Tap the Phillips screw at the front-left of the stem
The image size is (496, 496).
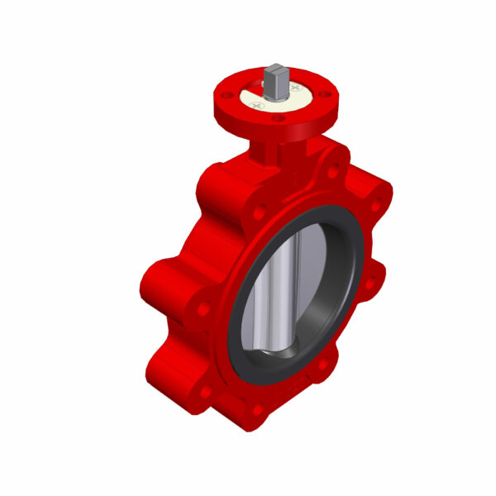pyautogui.click(x=257, y=106)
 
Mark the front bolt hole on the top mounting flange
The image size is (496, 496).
pyautogui.click(x=278, y=119)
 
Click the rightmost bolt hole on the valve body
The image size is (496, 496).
pyautogui.click(x=379, y=206)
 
